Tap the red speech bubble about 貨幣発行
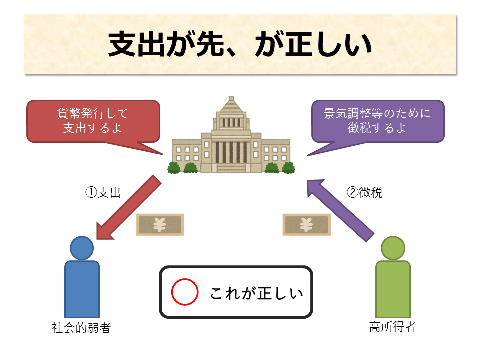(93, 121)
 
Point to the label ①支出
(103, 193)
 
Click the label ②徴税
(364, 193)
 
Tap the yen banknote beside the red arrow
(160, 225)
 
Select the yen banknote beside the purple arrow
(306, 225)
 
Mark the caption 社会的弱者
(81, 328)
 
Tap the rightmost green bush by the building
(288, 168)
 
